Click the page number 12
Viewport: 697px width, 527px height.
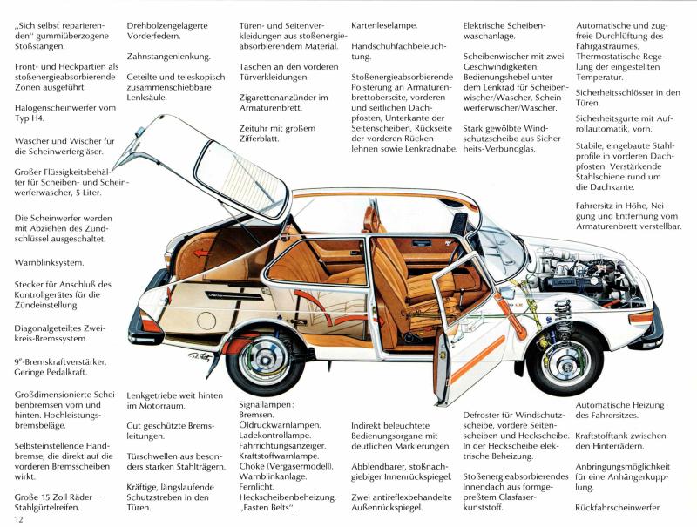(19, 520)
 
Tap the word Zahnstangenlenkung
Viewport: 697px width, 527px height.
(169, 57)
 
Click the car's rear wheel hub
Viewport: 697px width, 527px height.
(265, 356)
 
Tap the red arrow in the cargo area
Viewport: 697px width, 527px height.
(202, 253)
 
